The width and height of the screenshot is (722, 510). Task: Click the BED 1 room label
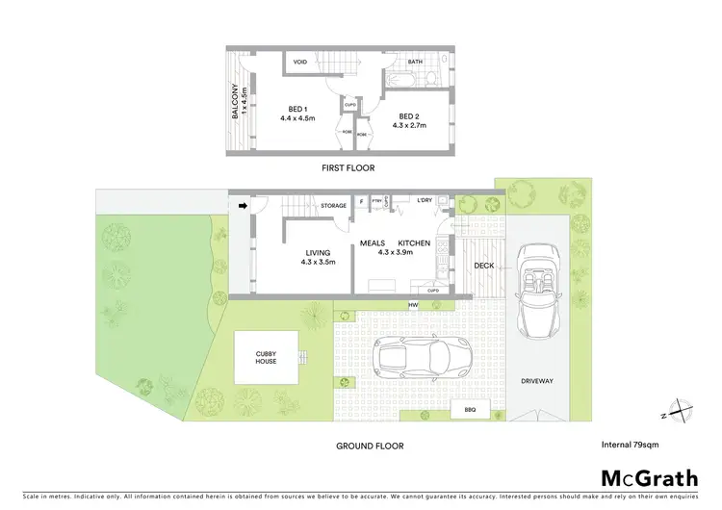[x=297, y=109]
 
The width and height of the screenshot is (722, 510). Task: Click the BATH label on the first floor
[x=415, y=62]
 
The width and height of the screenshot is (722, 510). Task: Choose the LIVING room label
[x=319, y=253]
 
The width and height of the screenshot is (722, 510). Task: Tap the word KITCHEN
[x=414, y=243]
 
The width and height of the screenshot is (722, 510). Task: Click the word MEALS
[x=373, y=243]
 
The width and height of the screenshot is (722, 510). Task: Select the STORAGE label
[x=334, y=205]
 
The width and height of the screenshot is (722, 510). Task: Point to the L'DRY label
[x=425, y=200]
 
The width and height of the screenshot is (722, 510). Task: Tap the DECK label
[x=483, y=266]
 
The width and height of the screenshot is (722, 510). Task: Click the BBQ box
[x=471, y=410]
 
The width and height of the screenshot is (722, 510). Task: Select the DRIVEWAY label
[x=536, y=381]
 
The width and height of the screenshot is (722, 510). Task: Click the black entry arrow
[x=243, y=205]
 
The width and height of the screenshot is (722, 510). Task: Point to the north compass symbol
[x=681, y=411]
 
